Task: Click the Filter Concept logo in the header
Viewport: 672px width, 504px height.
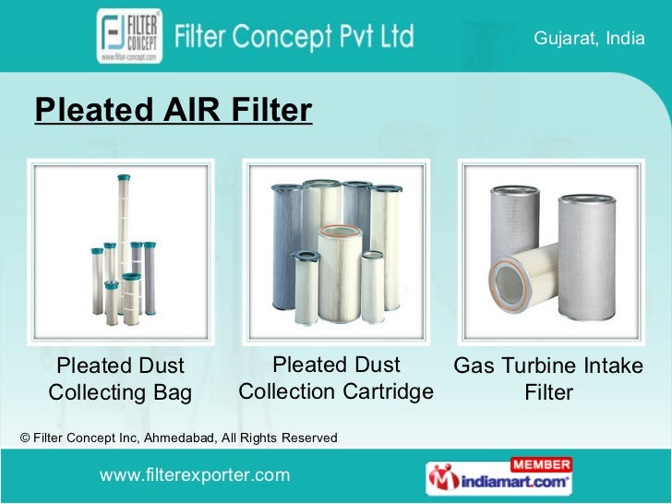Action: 129,36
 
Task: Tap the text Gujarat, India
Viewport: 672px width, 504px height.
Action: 589,38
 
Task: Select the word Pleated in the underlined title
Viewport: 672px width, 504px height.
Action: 83,111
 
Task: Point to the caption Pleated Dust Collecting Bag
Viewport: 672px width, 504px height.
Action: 120,379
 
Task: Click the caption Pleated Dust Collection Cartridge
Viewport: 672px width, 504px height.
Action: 336,378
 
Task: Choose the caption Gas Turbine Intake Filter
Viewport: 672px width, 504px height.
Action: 548,379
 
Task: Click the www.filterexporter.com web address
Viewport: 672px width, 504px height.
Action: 195,475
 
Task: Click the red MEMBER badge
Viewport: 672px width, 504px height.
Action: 539,463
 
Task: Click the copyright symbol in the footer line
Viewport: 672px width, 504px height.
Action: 25,438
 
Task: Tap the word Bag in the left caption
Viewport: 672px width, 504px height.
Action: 173,393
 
